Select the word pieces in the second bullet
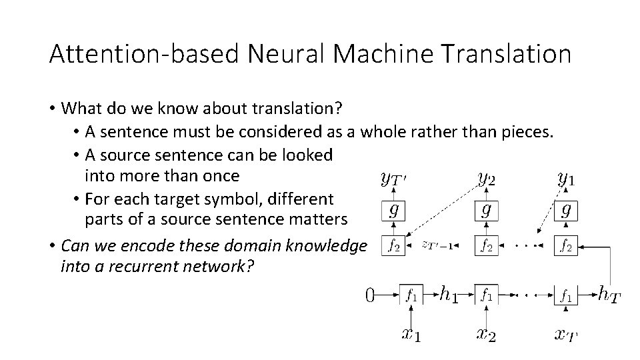(x=527, y=132)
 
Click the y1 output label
(x=567, y=179)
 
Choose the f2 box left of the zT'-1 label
(x=393, y=246)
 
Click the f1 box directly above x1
(x=411, y=295)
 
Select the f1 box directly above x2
(x=486, y=295)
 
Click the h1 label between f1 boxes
(x=451, y=293)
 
